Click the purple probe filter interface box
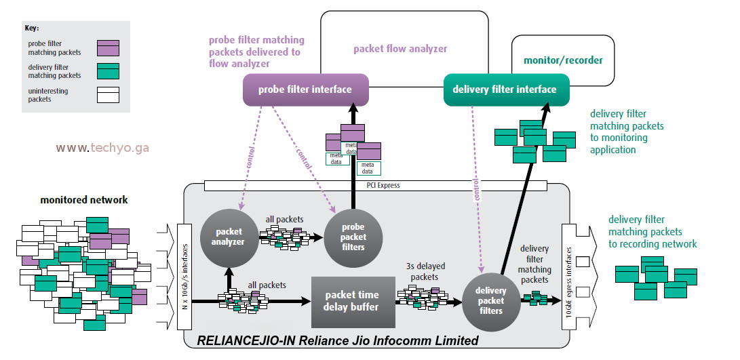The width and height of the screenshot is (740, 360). (x=305, y=89)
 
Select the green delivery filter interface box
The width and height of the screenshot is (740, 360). (x=507, y=89)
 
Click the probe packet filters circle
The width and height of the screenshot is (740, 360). (x=353, y=237)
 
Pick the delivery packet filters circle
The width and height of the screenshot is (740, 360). (x=491, y=300)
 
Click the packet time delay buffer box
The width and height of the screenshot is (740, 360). (x=353, y=302)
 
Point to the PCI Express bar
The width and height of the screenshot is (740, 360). (x=376, y=186)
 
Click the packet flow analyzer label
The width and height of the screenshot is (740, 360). (x=400, y=49)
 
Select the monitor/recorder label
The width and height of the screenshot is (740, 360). (x=563, y=60)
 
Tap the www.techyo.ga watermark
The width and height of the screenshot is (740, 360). (x=102, y=148)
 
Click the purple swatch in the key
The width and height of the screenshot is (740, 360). (x=108, y=47)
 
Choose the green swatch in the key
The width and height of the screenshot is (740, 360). (x=108, y=71)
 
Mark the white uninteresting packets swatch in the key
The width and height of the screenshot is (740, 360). (x=108, y=95)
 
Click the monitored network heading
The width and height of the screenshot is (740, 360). (x=84, y=200)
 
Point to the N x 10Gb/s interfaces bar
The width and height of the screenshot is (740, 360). (x=184, y=277)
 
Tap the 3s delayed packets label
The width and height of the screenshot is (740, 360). (x=425, y=272)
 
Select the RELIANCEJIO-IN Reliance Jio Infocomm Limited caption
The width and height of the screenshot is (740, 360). (x=337, y=340)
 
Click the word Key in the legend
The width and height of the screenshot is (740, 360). (x=32, y=28)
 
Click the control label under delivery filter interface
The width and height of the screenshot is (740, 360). (x=477, y=190)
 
